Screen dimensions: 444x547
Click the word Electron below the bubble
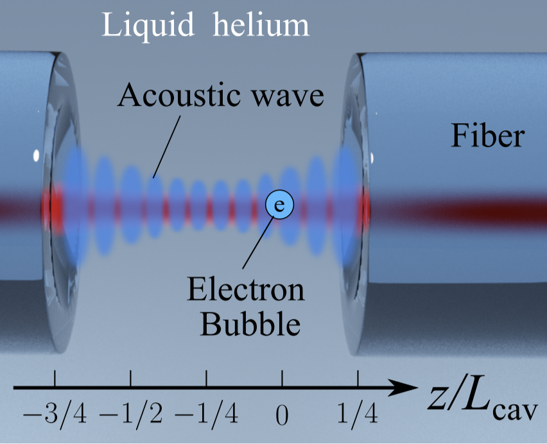point(246,291)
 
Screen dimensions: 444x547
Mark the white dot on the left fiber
point(37,155)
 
